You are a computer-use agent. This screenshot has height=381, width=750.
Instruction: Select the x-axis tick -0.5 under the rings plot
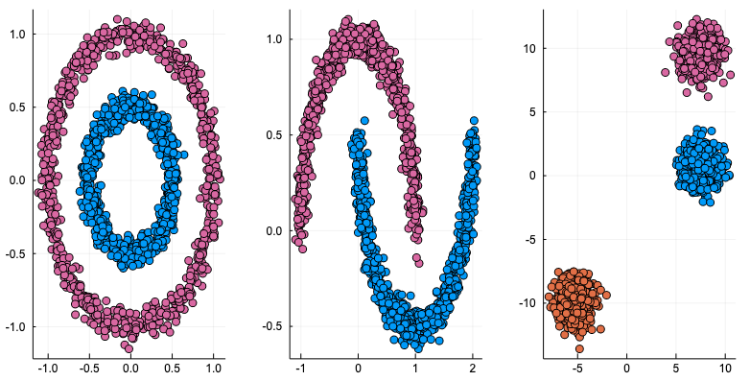88,368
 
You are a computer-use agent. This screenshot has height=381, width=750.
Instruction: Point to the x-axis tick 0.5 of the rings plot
173,368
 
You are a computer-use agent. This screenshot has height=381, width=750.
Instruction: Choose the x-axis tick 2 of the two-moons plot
473,368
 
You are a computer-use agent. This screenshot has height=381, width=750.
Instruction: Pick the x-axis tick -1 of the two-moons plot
301,368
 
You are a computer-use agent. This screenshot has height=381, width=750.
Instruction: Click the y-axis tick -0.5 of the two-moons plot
273,326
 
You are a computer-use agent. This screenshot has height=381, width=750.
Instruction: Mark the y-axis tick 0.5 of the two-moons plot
275,134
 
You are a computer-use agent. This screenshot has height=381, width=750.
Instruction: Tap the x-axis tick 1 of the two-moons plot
415,368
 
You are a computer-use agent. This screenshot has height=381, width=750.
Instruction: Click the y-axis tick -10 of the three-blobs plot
527,303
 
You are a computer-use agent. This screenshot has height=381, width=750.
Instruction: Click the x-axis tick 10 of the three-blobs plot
726,368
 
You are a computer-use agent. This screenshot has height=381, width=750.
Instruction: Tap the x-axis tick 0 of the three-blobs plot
626,368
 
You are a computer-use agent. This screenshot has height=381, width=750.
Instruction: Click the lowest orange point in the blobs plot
579,348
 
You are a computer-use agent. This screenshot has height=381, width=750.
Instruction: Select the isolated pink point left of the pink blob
666,72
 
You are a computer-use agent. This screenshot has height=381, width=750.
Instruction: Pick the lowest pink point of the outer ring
129,347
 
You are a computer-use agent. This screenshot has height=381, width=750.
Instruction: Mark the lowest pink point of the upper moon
417,259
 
